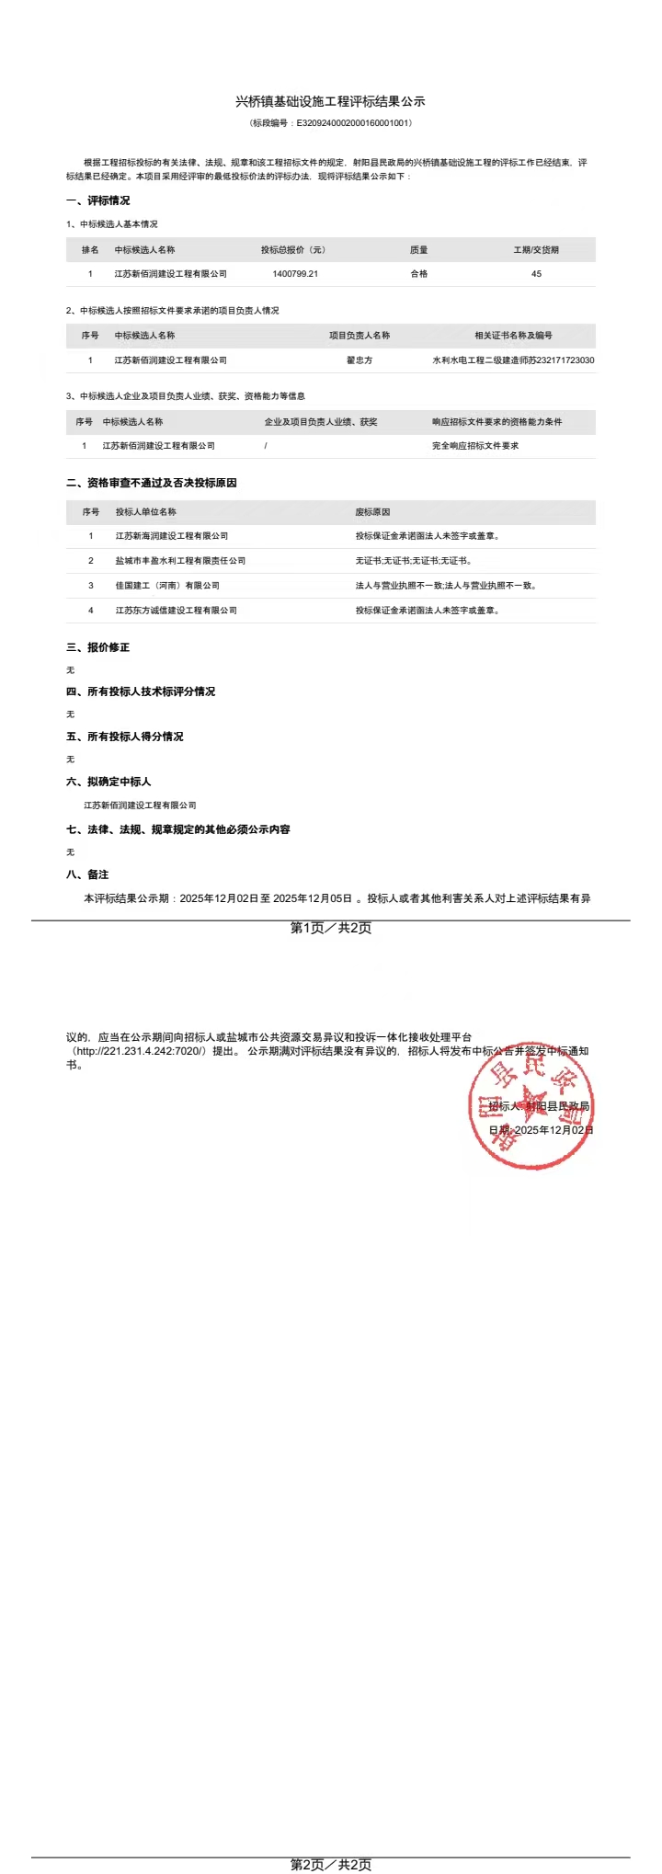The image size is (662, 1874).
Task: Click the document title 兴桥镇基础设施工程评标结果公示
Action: point(330,101)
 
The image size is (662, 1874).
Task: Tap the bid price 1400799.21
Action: point(295,274)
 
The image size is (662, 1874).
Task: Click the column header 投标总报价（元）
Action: point(293,250)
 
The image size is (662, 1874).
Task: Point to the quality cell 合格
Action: point(419,274)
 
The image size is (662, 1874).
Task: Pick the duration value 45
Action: point(536,274)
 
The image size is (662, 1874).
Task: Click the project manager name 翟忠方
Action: point(360,360)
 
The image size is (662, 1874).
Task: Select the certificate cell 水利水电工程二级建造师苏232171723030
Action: point(513,360)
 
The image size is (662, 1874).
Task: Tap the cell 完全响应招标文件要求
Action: point(475,446)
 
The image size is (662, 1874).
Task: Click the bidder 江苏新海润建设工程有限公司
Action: point(172,536)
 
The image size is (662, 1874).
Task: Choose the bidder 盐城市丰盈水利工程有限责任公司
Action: point(180,561)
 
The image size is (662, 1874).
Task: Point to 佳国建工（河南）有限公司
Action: point(167,586)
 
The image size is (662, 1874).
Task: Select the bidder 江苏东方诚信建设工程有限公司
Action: point(177,611)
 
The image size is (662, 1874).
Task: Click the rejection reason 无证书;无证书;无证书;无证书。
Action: point(414,561)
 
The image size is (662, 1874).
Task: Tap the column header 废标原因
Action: point(372,512)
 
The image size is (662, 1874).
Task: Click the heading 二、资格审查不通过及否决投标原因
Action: point(152,483)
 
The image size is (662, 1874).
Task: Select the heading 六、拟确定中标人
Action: point(108,782)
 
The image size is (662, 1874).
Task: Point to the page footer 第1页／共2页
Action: point(331,928)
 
